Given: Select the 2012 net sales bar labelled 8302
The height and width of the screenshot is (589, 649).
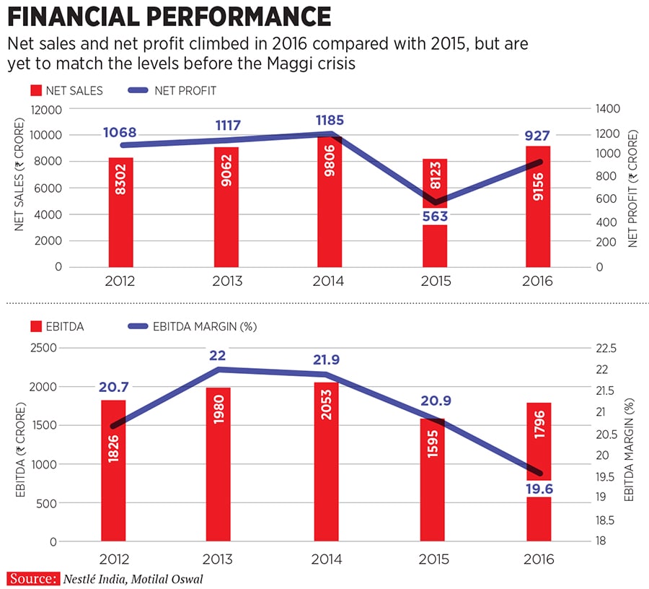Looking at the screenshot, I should point(120,212).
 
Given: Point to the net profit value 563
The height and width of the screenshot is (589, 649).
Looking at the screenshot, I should point(435,216).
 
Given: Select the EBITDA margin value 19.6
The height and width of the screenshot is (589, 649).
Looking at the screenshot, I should point(538,489).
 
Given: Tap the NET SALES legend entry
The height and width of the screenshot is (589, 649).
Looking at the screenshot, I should point(66,91).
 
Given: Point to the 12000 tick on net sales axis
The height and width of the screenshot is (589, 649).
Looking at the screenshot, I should point(47,109).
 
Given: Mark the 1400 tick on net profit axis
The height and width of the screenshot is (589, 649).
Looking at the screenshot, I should point(607,109).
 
